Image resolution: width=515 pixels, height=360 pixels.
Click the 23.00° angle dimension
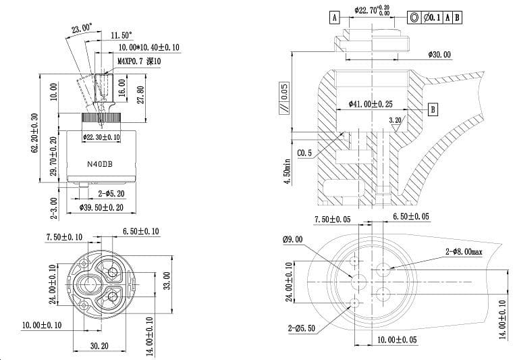(82, 28)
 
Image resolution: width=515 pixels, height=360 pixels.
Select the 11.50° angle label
(121, 35)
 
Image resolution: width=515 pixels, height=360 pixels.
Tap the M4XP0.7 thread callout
(139, 61)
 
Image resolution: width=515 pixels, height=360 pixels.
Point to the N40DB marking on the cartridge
(101, 163)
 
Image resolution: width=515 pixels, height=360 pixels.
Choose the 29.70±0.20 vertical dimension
(55, 156)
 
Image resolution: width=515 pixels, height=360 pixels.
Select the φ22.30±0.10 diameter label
(101, 137)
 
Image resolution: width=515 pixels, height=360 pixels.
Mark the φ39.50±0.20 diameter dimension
(101, 207)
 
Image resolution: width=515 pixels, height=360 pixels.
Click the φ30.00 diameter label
(439, 55)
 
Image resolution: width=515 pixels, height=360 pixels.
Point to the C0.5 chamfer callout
(304, 153)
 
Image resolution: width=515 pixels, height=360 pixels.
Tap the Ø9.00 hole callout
(294, 238)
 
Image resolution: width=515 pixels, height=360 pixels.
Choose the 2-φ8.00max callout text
(464, 251)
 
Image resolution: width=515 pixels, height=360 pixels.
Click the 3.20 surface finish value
(395, 120)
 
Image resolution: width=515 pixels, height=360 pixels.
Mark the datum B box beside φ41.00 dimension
(433, 109)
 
